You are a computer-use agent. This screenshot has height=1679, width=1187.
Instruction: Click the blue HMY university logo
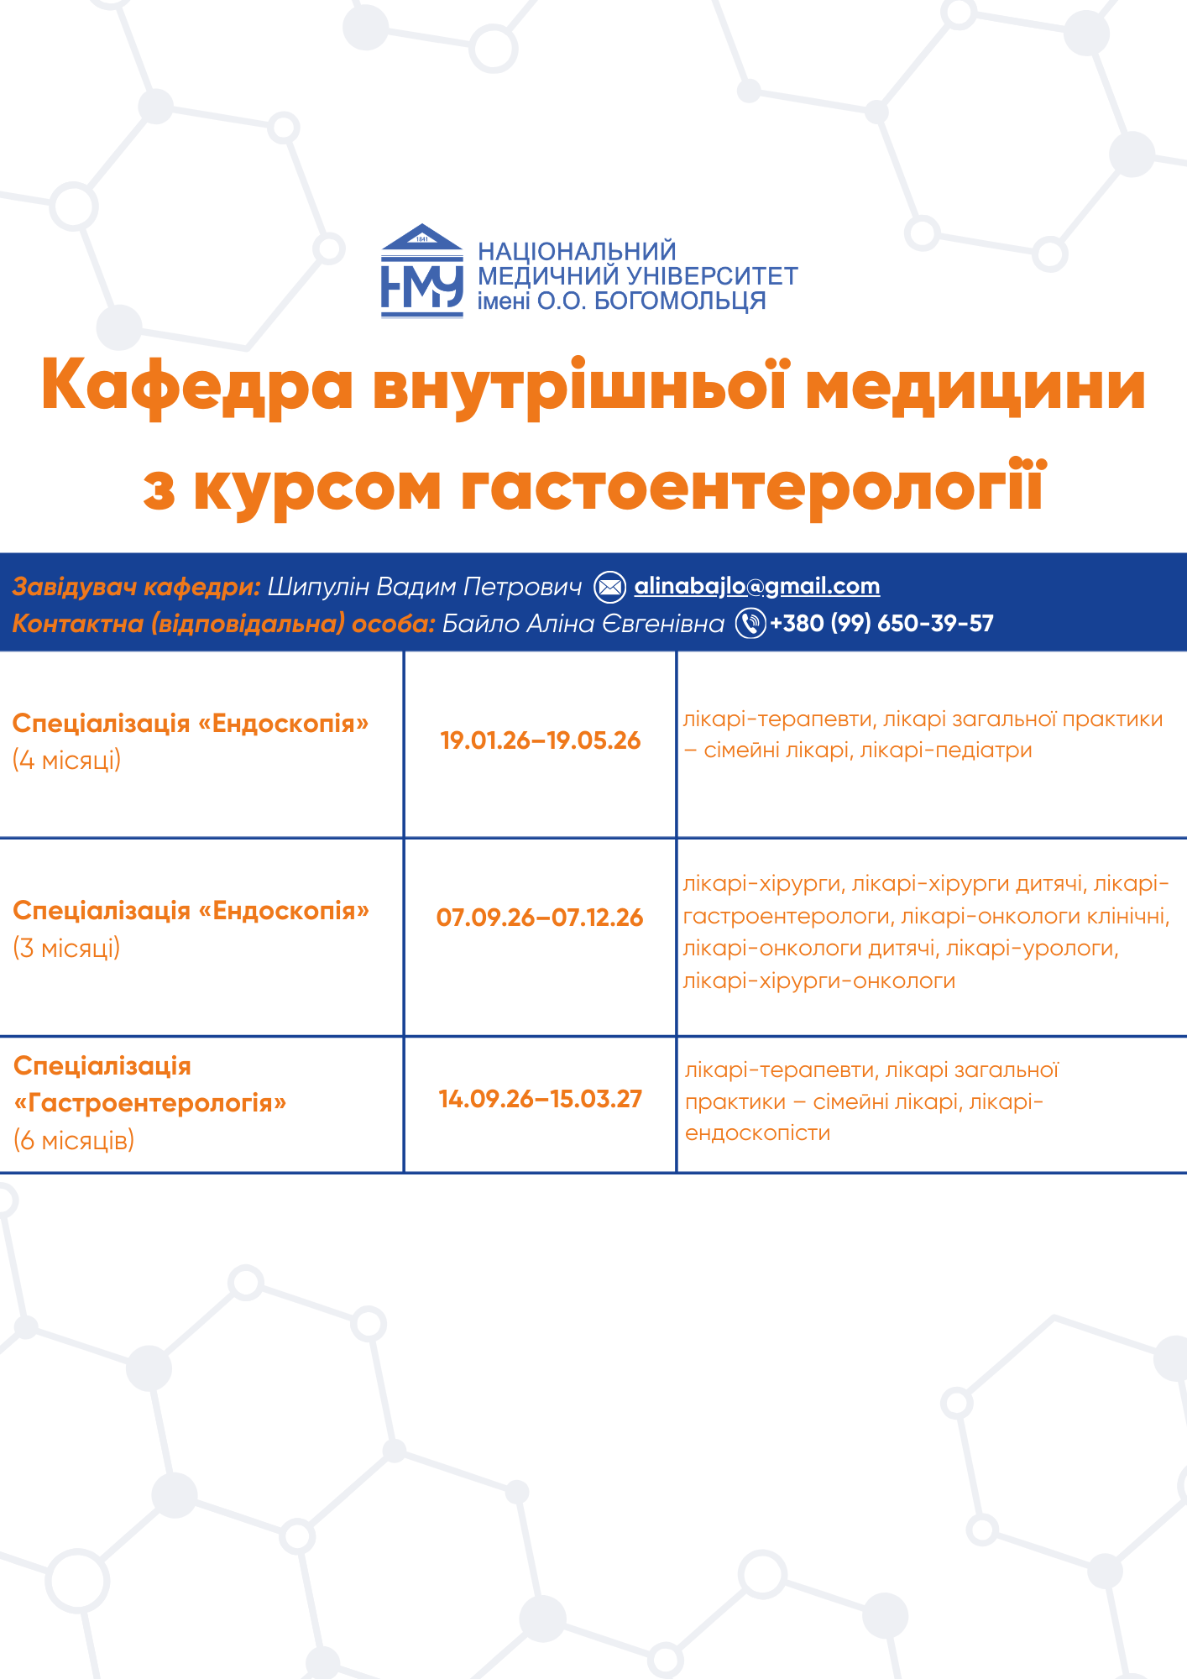(x=422, y=270)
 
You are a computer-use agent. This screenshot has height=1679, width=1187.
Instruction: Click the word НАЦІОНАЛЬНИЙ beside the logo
(x=577, y=251)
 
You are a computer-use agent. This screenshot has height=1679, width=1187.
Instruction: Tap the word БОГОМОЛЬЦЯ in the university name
(x=680, y=301)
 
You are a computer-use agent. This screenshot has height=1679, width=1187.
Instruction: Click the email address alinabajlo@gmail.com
(x=757, y=586)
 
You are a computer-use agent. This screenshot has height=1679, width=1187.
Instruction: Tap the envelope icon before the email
(x=610, y=587)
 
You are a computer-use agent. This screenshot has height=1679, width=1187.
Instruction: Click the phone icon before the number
(x=751, y=623)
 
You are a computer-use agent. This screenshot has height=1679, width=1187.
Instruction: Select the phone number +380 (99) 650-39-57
(x=881, y=623)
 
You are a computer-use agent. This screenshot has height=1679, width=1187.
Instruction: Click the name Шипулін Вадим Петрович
(x=425, y=586)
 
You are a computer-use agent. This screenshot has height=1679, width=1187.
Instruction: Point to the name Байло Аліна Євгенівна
(x=583, y=623)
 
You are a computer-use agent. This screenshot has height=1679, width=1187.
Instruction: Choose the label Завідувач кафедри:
(x=137, y=586)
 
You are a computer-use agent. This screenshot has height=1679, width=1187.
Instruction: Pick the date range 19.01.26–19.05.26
(x=541, y=740)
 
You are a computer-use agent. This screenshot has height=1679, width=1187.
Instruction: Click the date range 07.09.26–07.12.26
(x=540, y=918)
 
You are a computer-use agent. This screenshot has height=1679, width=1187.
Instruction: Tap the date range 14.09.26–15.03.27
(x=541, y=1099)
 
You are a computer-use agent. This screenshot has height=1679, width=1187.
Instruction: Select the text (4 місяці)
(x=67, y=761)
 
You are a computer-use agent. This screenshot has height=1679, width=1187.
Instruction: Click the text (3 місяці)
(x=67, y=948)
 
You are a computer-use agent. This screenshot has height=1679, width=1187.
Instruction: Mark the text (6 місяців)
(x=74, y=1140)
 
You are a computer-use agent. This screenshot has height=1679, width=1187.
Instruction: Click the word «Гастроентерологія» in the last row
(x=150, y=1102)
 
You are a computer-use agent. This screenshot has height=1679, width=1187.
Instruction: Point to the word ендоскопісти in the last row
(x=757, y=1133)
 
